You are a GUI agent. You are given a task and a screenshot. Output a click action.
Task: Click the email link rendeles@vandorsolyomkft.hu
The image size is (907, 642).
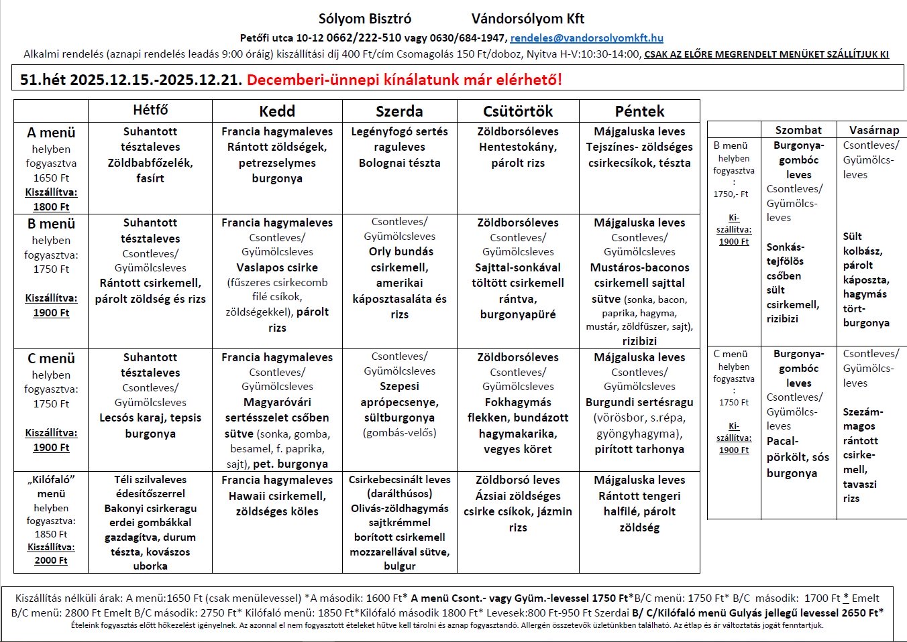[x=586, y=38]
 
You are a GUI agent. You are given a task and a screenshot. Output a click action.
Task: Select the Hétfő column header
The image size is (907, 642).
[x=150, y=110]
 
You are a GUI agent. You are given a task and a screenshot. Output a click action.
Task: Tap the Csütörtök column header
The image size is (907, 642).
[x=518, y=111]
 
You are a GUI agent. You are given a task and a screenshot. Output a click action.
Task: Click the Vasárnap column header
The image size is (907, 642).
[x=873, y=130]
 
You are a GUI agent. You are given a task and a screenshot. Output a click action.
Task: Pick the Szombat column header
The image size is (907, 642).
[x=798, y=130]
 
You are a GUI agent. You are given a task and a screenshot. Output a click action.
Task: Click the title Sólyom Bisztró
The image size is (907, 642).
[x=365, y=19]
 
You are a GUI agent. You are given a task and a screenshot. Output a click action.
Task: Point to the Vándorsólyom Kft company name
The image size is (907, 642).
[x=528, y=19]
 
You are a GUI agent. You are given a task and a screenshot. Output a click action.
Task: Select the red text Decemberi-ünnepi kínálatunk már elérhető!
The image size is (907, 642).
[x=404, y=80]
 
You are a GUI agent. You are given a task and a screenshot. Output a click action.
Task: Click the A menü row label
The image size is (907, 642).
[x=51, y=133]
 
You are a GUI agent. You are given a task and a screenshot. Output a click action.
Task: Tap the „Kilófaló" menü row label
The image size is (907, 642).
[x=51, y=487]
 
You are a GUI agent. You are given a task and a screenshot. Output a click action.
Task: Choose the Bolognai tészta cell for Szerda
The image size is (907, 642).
[x=399, y=163]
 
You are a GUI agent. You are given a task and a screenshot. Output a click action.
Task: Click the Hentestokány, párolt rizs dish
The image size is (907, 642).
[x=518, y=155]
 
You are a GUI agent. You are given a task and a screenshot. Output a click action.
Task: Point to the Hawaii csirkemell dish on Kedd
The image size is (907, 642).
[x=277, y=496]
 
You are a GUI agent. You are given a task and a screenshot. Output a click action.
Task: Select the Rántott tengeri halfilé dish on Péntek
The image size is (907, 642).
[x=639, y=504]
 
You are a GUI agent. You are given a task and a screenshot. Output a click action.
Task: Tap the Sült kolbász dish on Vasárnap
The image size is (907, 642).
[x=863, y=243]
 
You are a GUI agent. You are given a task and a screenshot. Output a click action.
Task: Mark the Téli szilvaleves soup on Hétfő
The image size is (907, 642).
[x=150, y=480]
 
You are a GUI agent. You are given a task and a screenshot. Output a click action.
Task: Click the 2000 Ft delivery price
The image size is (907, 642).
[x=51, y=560]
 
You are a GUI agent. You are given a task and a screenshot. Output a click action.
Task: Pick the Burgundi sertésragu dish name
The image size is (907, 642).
[x=639, y=402]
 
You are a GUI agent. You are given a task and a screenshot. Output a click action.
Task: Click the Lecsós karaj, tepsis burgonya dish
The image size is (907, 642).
[x=150, y=426]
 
